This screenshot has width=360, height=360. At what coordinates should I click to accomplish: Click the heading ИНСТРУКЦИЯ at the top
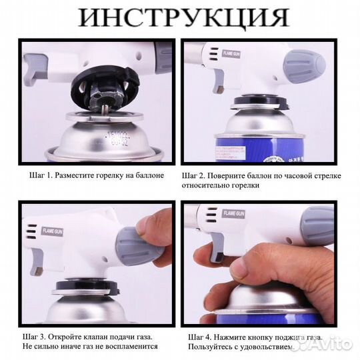tap(180, 17)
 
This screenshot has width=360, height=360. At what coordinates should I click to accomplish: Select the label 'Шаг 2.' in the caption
tap(197, 175)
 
